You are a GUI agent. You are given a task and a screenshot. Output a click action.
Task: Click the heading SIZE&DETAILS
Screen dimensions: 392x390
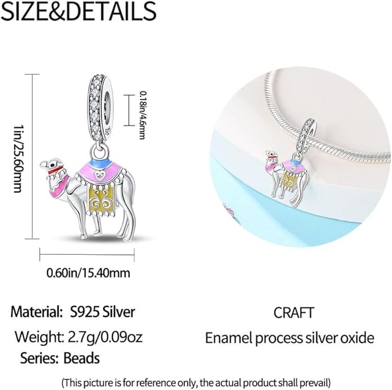[79, 11]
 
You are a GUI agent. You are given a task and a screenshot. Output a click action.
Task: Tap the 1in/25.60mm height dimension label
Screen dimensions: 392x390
[17, 158]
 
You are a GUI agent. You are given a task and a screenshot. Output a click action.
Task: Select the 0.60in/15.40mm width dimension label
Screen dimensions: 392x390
[88, 273]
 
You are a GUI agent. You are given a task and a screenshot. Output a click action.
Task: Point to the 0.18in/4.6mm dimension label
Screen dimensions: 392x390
[142, 115]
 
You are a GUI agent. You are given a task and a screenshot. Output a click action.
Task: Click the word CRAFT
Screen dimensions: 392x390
[293, 313]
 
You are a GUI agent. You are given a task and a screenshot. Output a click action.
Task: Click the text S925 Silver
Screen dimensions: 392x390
[102, 312]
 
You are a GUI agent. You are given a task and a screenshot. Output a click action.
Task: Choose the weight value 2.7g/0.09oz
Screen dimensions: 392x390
[105, 337]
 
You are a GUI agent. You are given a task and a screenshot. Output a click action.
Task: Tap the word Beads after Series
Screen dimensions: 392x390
[82, 358]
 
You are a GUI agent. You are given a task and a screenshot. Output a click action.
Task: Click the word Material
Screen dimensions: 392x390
[37, 312]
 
